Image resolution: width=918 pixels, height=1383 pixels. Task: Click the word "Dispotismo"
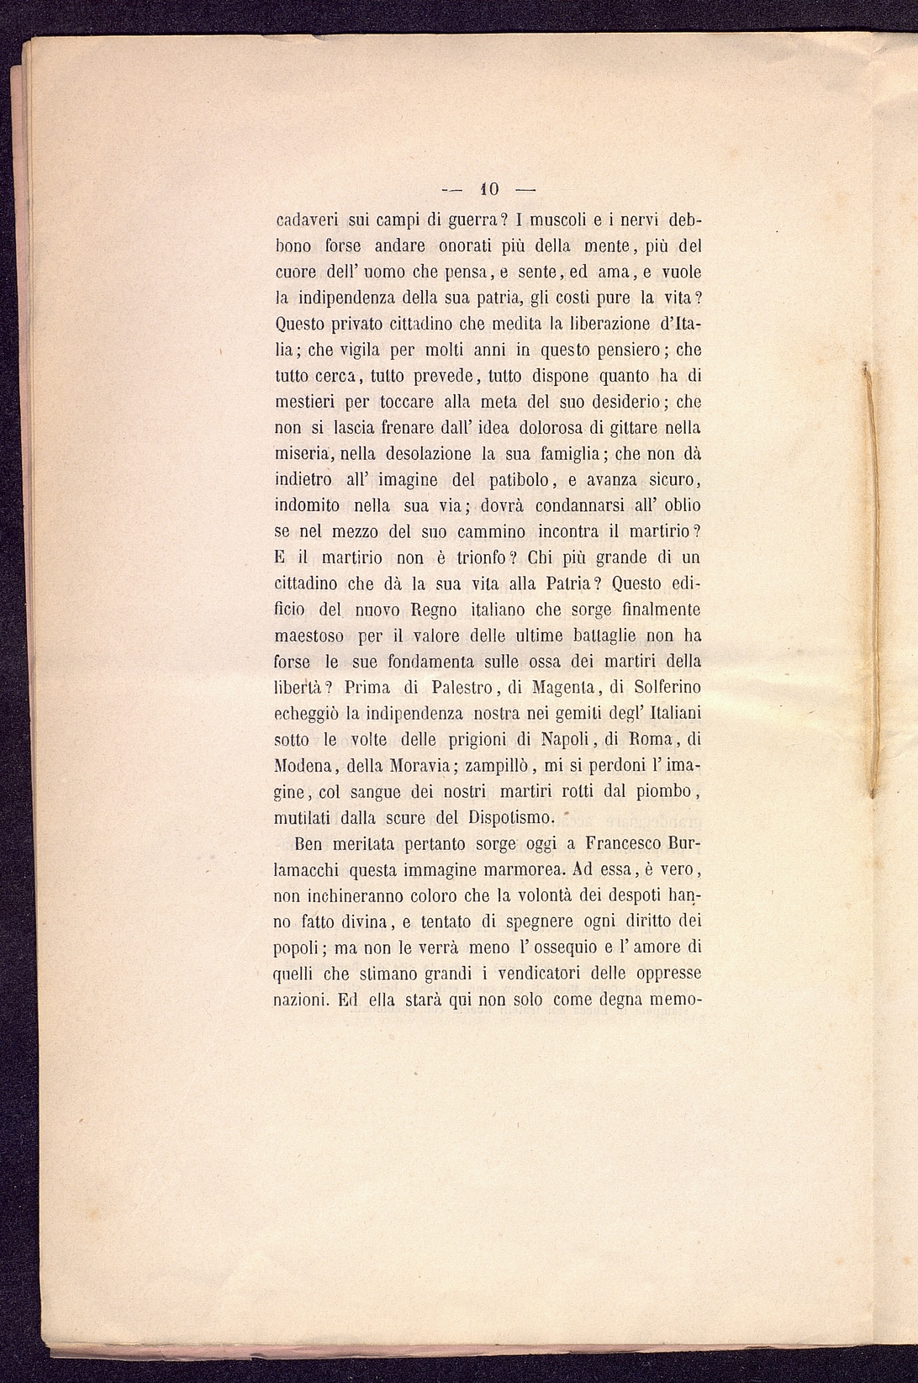pyautogui.click(x=509, y=818)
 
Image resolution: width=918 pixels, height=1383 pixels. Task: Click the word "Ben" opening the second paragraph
pyautogui.click(x=309, y=843)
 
